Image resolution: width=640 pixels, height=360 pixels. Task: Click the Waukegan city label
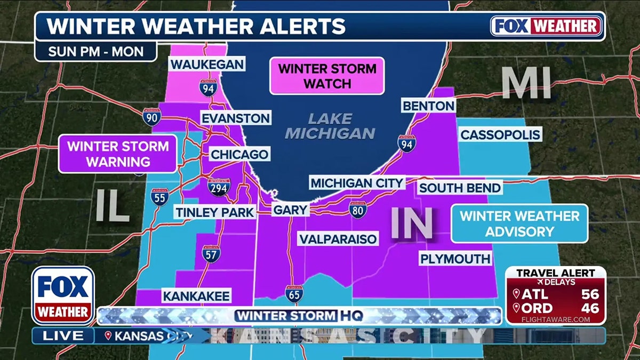(207, 65)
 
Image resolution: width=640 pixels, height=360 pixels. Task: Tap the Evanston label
(235, 118)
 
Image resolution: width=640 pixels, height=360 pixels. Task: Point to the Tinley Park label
(214, 212)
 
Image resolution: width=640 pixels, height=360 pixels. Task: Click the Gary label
(290, 210)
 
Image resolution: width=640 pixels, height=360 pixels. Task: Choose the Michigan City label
(357, 183)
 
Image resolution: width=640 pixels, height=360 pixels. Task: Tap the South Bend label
(459, 188)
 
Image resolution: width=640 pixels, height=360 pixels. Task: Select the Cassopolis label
(500, 134)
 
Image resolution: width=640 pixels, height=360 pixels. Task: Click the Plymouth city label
(455, 259)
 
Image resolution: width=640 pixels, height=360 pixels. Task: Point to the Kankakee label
(196, 296)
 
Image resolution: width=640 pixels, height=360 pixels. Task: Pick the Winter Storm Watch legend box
(327, 76)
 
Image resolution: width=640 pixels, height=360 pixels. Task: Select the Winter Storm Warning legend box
(117, 154)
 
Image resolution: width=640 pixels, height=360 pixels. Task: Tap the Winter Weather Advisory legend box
(519, 223)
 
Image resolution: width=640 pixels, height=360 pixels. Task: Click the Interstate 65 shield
(292, 294)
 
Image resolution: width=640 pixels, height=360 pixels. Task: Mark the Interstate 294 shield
(219, 187)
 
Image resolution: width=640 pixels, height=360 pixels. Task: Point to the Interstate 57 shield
(211, 253)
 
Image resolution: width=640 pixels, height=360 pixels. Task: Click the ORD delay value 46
(590, 308)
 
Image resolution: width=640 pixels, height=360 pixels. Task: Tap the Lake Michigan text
(330, 126)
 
